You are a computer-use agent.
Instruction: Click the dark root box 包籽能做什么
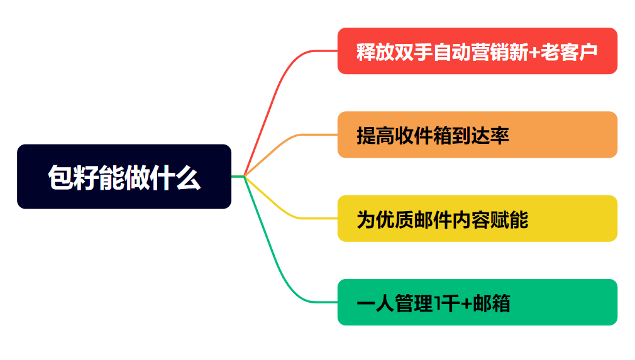[124, 177]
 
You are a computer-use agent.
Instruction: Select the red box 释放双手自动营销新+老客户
[477, 51]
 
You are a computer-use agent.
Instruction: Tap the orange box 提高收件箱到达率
[477, 134]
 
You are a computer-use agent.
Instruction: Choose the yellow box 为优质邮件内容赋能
[477, 219]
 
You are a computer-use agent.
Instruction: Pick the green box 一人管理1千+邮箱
[477, 302]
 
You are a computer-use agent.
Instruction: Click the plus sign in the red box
[534, 53]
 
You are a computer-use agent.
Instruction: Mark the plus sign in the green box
[467, 304]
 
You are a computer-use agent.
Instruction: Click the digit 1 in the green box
[438, 303]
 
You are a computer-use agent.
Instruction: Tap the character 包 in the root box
[60, 177]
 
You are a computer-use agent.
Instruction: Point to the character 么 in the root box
[188, 177]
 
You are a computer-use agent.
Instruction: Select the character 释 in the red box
[366, 52]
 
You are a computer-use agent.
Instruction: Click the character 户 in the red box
[588, 52]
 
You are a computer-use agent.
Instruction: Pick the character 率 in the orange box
[500, 136]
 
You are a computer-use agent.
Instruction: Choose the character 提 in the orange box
[366, 136]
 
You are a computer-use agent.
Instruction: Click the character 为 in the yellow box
[366, 220]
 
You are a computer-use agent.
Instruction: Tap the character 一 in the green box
[366, 304]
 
